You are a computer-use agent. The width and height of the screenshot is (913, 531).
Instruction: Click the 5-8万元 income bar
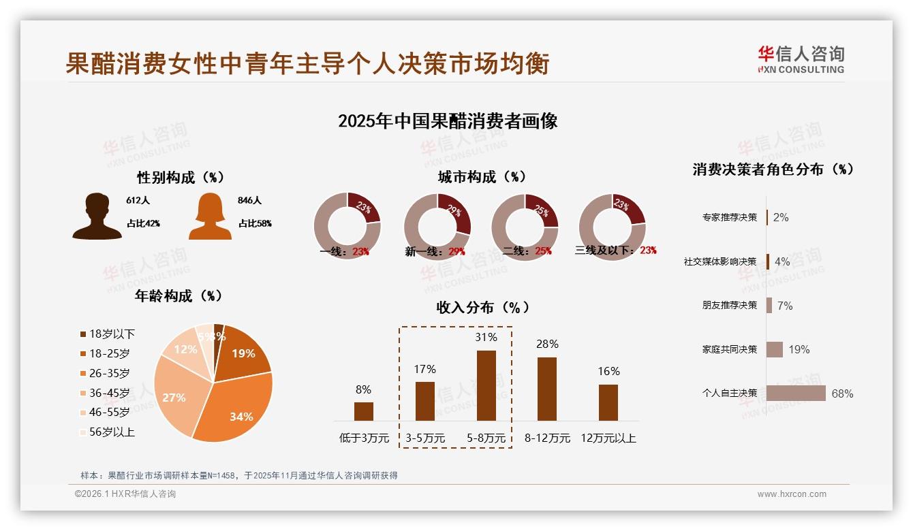pos(486,385)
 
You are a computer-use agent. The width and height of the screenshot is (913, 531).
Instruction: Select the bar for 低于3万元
pos(364,411)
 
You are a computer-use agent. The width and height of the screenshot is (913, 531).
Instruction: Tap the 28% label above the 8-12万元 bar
pos(547,344)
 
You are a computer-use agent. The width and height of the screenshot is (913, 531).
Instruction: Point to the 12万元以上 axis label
pos(608,438)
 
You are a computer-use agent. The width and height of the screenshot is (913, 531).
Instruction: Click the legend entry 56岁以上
pos(107,432)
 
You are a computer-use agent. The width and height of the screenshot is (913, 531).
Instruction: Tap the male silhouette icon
pos(97,216)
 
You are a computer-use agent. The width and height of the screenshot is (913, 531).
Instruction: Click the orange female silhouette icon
pos(210,216)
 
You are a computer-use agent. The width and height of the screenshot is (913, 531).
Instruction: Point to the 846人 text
pos(249,201)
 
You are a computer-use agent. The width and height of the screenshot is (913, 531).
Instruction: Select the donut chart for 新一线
pos(437,226)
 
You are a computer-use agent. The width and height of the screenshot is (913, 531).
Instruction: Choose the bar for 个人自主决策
pos(796,393)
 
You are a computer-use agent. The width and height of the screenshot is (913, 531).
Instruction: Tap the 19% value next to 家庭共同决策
pos(799,350)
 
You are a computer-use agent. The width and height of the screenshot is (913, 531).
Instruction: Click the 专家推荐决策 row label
pos(730,217)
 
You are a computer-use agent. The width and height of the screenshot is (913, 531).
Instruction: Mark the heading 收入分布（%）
pos(483,307)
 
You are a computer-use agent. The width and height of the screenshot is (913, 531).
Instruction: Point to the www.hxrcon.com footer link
pos(792,494)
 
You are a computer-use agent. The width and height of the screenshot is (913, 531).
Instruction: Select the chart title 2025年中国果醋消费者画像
pos(448,121)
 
